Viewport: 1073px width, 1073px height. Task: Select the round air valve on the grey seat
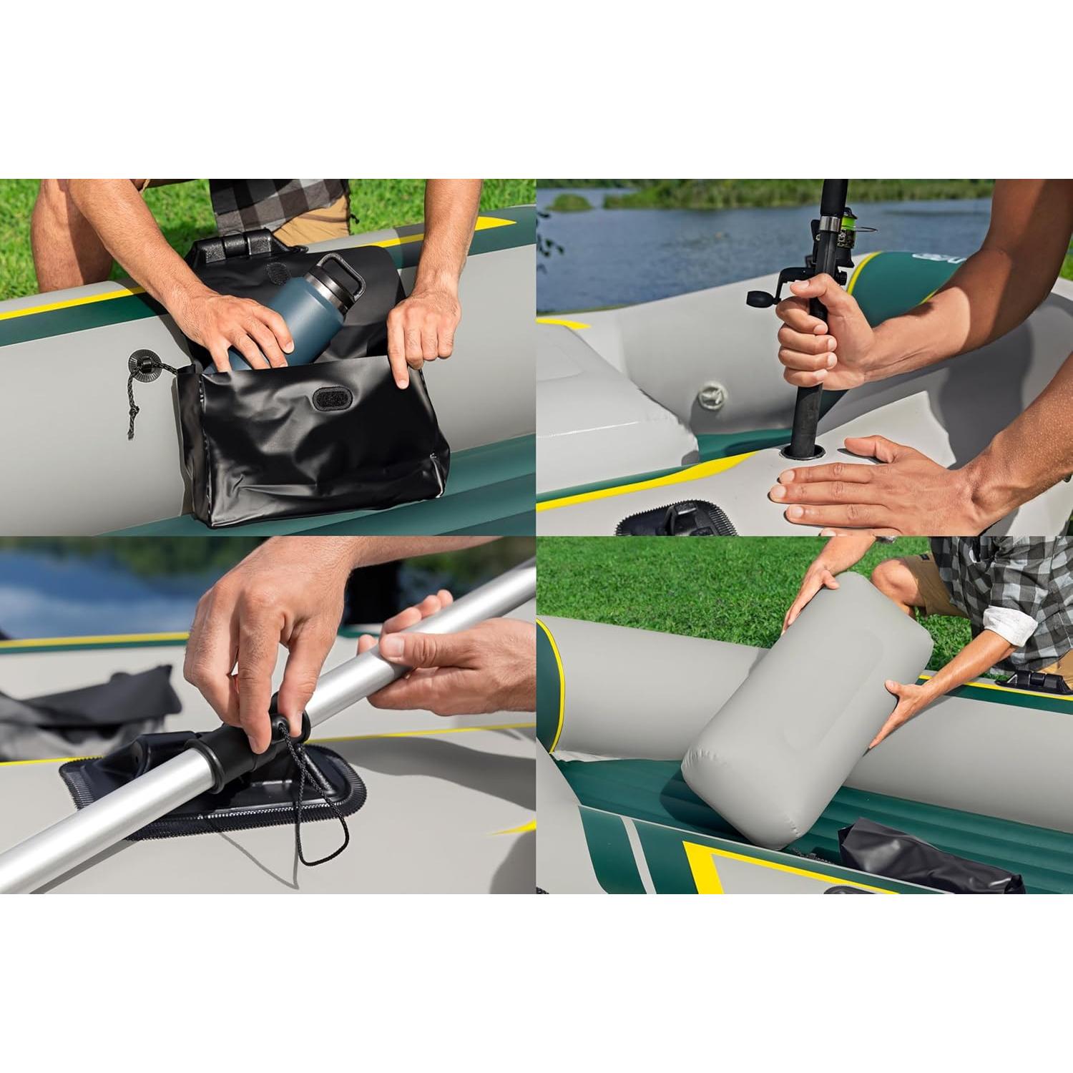[x=712, y=393]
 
